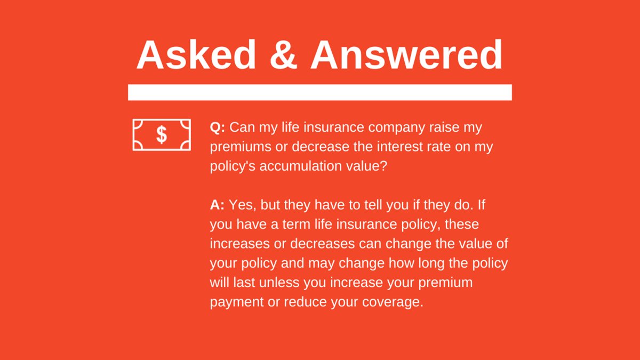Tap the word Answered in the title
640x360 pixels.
(x=406, y=55)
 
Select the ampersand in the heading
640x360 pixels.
(x=283, y=55)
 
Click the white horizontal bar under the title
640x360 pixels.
(x=319, y=92)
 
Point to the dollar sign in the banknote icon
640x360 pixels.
(x=162, y=135)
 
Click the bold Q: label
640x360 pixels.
(x=218, y=128)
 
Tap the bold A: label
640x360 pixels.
(x=217, y=205)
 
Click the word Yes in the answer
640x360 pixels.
(x=241, y=205)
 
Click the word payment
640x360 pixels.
(x=237, y=302)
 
